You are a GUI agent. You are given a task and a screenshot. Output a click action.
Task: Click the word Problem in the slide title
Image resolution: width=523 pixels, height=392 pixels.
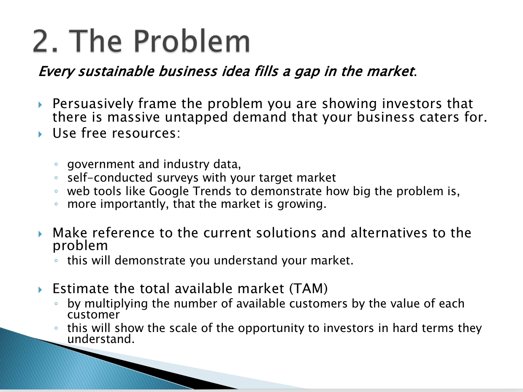(192, 41)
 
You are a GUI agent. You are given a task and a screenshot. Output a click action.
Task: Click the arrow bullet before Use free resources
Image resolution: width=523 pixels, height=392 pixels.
(40, 134)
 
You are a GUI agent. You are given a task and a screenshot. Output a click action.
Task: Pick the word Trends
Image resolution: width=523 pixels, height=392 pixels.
(212, 191)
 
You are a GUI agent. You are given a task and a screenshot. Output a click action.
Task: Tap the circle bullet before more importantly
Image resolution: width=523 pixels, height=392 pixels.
(56, 204)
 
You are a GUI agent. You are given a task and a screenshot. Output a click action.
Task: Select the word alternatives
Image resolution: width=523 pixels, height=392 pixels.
(389, 233)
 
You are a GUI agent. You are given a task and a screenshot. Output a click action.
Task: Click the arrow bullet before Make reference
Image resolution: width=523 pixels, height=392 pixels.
(40, 234)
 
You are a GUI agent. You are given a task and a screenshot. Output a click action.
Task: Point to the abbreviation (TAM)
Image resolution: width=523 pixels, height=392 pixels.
(309, 289)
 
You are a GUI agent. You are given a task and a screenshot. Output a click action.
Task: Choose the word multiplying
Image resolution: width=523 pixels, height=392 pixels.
(116, 304)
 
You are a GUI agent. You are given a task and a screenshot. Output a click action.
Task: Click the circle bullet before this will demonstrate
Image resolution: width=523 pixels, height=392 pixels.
(56, 261)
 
